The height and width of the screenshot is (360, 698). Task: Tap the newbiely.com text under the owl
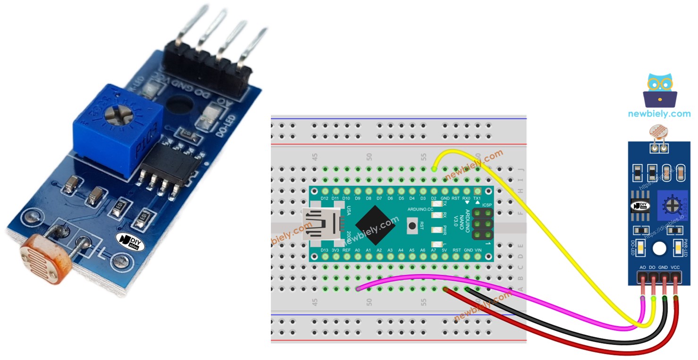pos(659,114)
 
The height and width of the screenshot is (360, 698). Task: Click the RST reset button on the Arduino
pos(412,226)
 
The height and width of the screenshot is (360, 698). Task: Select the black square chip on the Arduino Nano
pos(375,225)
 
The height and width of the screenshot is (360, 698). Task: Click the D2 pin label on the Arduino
pos(433,198)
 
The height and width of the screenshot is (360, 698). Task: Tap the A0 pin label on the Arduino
pos(357,250)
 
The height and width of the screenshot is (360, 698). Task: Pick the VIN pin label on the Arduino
pos(478,250)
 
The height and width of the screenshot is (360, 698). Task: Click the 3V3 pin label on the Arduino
pos(335,250)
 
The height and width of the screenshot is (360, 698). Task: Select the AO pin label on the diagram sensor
pos(642,267)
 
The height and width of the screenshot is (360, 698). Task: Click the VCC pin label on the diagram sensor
pos(675,267)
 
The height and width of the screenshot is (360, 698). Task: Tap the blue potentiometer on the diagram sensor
pos(671,205)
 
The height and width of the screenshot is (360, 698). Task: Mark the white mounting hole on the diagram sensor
pos(659,248)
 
